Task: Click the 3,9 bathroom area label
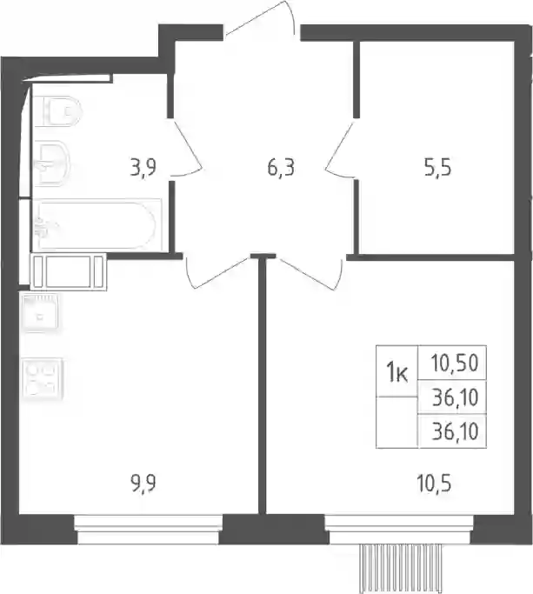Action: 143,167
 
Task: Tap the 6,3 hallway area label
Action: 281,167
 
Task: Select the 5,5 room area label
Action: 438,167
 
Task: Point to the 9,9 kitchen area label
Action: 143,484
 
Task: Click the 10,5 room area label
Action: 434,484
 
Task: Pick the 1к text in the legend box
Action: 396,373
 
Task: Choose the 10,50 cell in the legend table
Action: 454,363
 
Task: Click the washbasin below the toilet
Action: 52,164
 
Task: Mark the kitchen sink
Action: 40,314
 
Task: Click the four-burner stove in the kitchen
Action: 42,378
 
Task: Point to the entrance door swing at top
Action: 260,18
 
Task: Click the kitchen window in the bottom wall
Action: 148,530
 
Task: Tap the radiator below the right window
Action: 401,568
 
